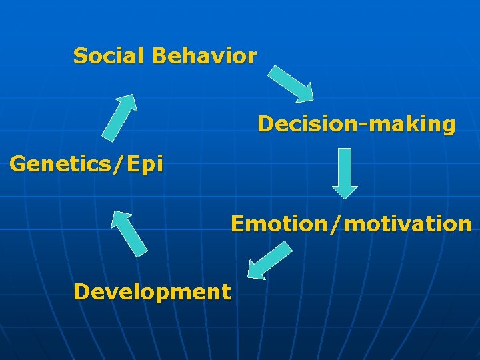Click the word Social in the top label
pos(109,56)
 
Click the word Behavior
pos(204,56)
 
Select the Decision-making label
pos(357,124)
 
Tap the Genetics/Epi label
pos(86,164)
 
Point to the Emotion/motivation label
pos(351,223)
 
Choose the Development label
pos(152,291)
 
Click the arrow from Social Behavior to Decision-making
pos(291,83)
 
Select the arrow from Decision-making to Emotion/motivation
pos(345,173)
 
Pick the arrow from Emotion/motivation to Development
pos(269,260)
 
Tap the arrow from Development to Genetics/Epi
pos(129,233)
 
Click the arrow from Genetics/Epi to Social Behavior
pos(120,117)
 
